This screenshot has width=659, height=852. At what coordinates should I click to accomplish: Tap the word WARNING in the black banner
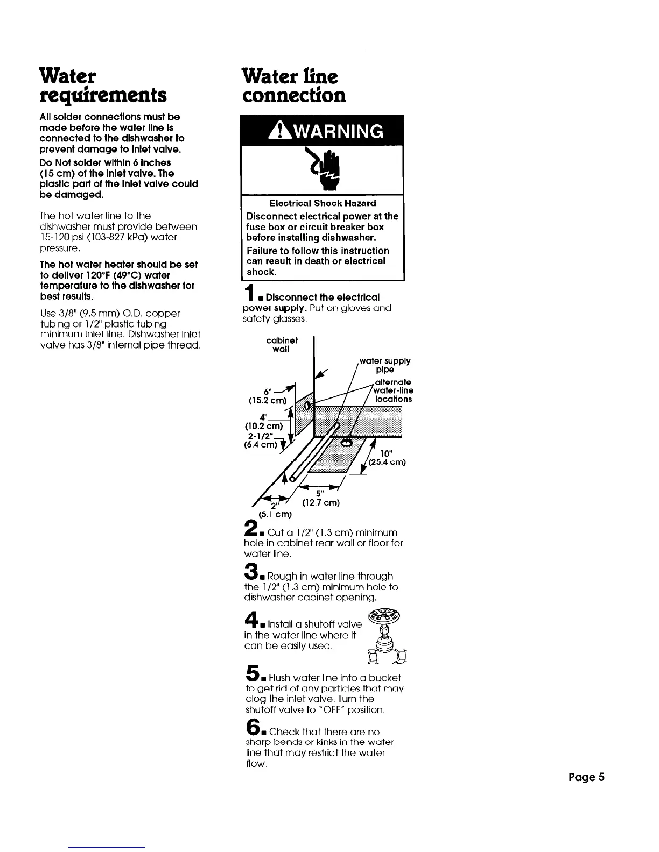pos(331,132)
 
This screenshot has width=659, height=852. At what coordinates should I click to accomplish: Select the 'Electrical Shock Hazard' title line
pos(323,203)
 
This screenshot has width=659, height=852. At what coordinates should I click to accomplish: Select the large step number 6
pos(250,728)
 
